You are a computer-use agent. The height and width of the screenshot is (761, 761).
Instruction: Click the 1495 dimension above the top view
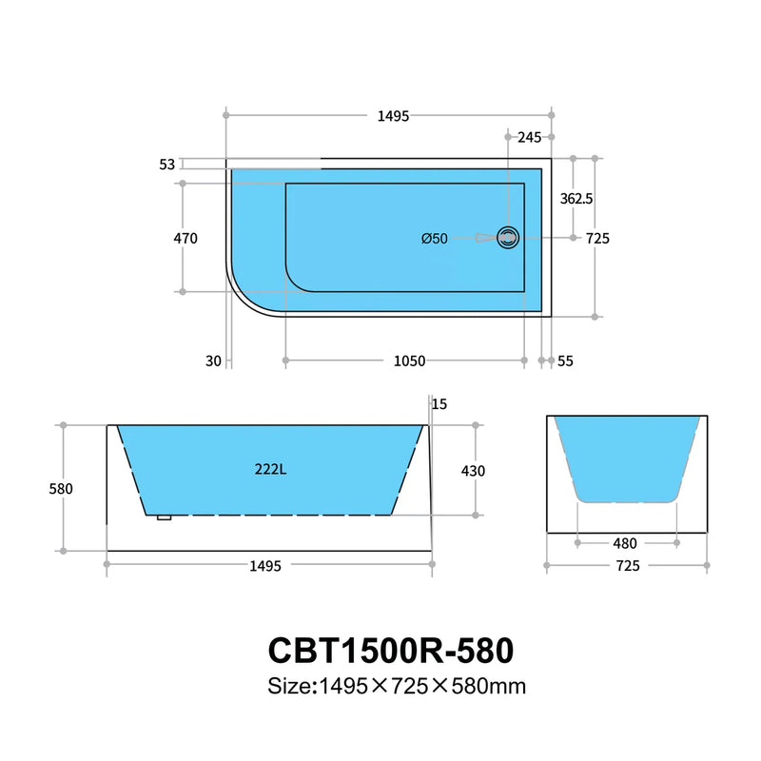pos(393,116)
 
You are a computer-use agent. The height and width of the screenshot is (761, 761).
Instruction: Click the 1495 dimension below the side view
pos(265,566)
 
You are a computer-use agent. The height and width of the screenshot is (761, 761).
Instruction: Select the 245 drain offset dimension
pos(529,137)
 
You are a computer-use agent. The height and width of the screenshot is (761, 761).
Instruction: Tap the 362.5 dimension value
pos(576,199)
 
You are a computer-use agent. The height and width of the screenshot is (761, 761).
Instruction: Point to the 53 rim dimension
pos(167,165)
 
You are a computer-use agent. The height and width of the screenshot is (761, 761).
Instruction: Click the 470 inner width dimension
pos(185,239)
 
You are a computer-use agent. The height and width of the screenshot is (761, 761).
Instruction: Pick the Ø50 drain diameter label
pos(434,239)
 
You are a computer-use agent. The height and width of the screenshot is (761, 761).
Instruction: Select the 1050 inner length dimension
pos(410,361)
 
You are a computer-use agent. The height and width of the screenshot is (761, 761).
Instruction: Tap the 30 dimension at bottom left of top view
pos(212,361)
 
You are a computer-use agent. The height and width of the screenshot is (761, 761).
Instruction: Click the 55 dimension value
pos(565,361)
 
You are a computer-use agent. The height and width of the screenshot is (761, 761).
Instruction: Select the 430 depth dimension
pos(473,470)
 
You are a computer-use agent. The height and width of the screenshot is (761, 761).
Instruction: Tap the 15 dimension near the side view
pos(439,404)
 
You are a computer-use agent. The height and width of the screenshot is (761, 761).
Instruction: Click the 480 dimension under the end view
pos(626,543)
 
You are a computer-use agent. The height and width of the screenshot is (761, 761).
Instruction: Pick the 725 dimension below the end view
pos(627,566)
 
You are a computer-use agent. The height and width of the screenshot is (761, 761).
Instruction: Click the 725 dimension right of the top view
pos(597,239)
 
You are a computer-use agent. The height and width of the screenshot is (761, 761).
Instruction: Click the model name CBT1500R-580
pos(390,650)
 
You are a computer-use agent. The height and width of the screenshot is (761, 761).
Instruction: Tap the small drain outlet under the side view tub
pos(164,518)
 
